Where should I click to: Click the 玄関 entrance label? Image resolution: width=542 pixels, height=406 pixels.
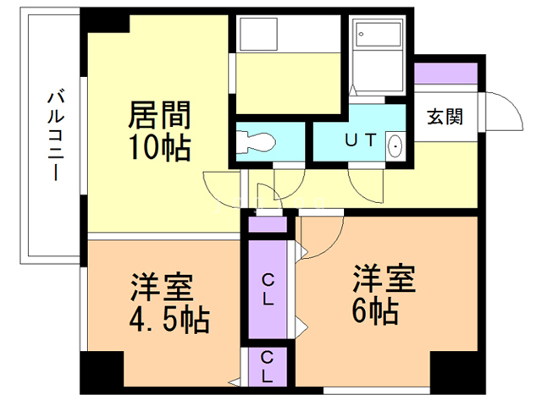(443, 118)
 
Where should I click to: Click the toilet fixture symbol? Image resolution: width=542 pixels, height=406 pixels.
(255, 142)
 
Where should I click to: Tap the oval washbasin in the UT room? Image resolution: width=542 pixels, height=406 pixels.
(395, 145)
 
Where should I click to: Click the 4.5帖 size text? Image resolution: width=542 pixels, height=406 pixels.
(169, 321)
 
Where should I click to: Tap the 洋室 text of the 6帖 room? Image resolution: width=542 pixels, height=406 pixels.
(385, 279)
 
